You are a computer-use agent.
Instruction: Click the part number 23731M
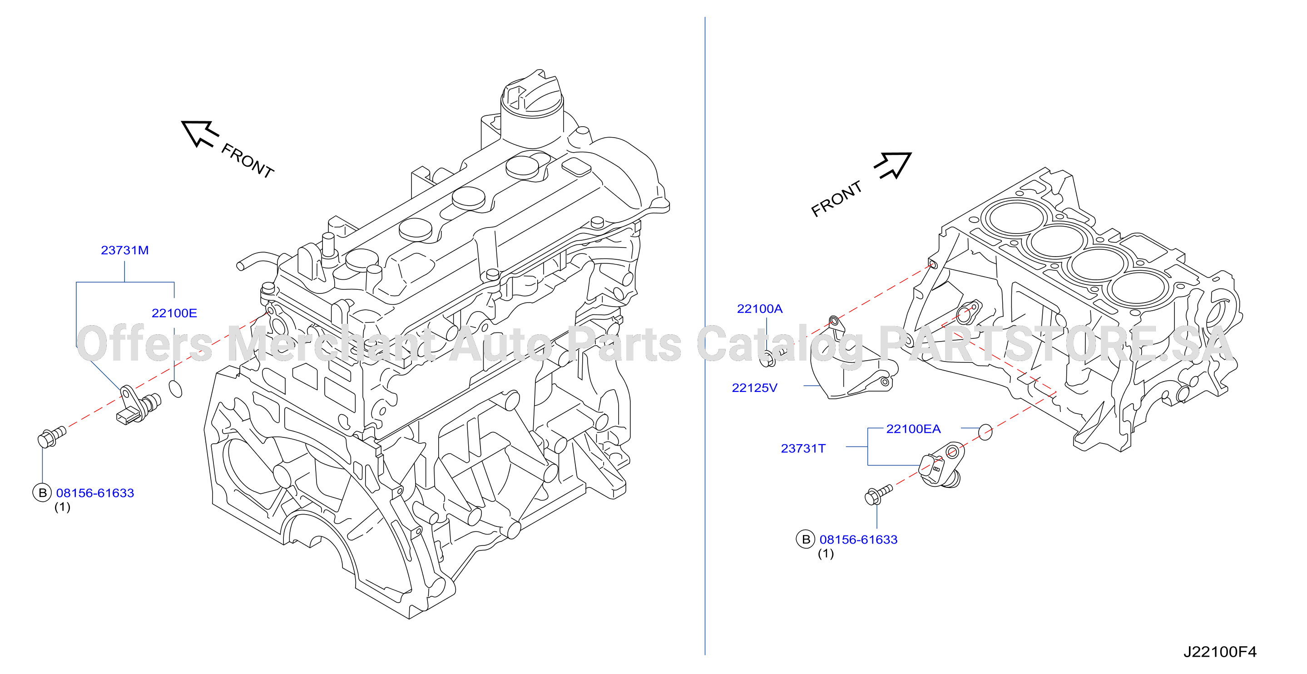[x=125, y=250]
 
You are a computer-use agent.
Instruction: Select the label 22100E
[x=174, y=313]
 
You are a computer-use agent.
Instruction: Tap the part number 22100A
[x=760, y=308]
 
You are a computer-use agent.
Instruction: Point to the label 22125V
[x=754, y=388]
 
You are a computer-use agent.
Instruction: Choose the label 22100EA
[x=913, y=429]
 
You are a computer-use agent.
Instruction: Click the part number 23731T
[x=803, y=448]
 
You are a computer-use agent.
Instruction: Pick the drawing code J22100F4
[x=1220, y=652]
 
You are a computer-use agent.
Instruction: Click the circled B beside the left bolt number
[x=42, y=493]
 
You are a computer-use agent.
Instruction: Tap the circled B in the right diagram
[x=806, y=540]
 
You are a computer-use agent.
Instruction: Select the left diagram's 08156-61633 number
[x=95, y=493]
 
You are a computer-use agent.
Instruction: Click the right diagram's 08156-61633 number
[x=858, y=540]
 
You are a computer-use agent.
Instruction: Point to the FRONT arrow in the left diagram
[x=200, y=134]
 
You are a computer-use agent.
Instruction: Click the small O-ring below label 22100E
[x=175, y=388]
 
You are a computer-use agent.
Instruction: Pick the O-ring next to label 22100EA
[x=985, y=432]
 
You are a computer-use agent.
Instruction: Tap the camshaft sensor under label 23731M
[x=138, y=405]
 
